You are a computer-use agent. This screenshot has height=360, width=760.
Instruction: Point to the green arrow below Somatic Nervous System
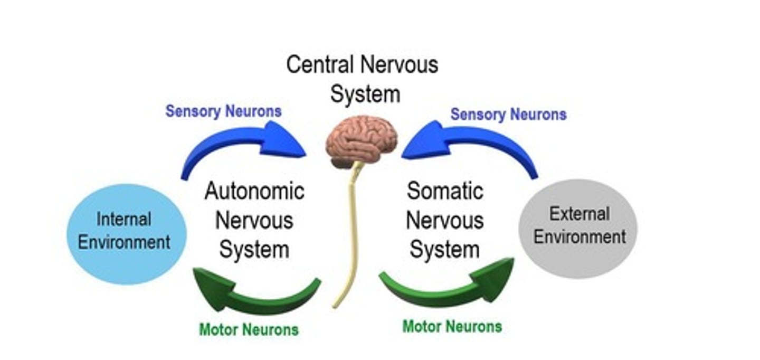[x=449, y=288]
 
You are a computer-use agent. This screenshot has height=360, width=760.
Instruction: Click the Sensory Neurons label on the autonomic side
[x=223, y=111]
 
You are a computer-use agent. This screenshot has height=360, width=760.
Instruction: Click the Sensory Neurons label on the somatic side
[x=508, y=115]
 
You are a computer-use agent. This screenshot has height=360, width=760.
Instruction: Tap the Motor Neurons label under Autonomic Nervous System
[x=249, y=330]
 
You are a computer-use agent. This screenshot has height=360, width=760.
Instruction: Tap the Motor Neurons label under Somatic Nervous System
[x=452, y=326]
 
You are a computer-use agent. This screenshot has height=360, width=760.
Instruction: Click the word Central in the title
[x=319, y=65]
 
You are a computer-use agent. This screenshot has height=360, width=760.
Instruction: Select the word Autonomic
[x=254, y=191]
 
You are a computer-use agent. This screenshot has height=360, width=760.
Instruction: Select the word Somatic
[x=445, y=191]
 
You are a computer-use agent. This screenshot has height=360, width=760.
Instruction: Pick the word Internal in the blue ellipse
[x=123, y=219]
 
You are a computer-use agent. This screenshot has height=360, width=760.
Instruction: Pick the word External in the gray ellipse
[x=579, y=213]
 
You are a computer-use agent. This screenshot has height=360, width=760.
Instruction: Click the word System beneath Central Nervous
[x=365, y=94]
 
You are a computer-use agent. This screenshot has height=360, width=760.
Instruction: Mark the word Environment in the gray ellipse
[x=579, y=237]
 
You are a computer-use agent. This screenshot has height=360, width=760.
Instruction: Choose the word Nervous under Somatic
[x=445, y=220]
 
